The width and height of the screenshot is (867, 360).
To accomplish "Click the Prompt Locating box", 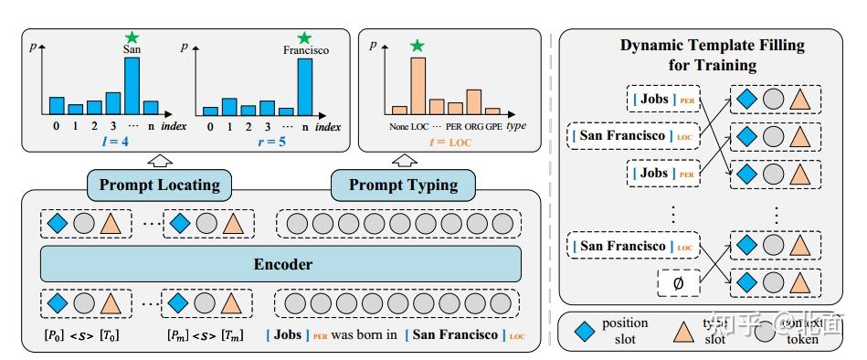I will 160,185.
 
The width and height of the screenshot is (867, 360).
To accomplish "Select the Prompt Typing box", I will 403,185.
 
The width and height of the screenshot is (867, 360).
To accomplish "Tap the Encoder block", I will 282,264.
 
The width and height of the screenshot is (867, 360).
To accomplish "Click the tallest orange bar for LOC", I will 418,84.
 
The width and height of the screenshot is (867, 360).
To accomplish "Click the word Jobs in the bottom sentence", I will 288,334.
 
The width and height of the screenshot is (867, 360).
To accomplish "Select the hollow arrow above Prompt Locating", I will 161,160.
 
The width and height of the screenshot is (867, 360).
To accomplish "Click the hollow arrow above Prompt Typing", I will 403,160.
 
